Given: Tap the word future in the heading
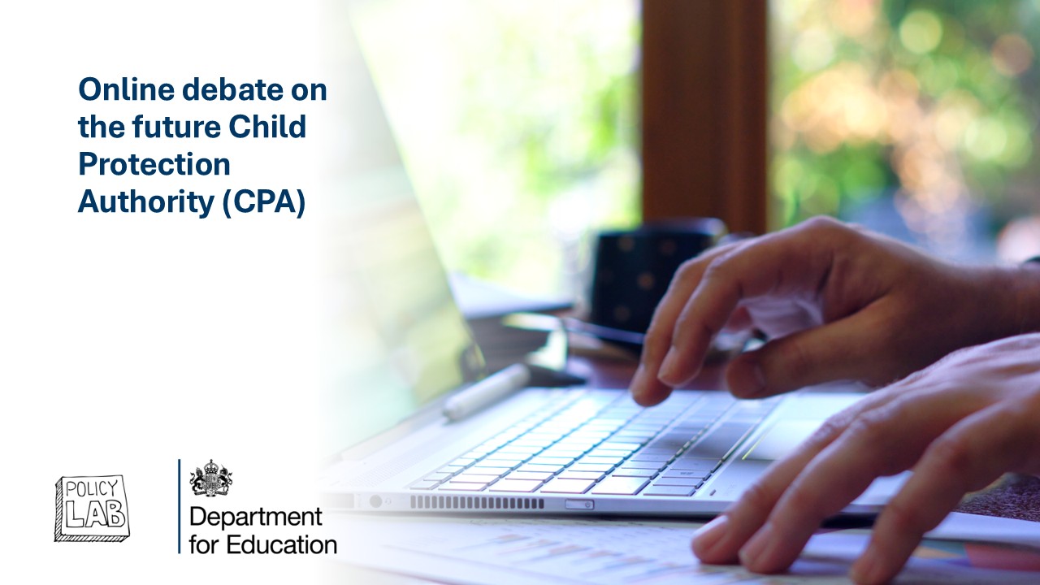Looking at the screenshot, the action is pyautogui.click(x=175, y=126).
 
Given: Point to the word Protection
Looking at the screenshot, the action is pyautogui.click(x=154, y=164).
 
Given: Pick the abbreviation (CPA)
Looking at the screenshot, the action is pyautogui.click(x=264, y=202).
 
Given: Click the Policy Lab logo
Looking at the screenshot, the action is pyautogui.click(x=92, y=508).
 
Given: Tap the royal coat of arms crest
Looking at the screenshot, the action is pyautogui.click(x=210, y=478).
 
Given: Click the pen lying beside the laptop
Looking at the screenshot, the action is pyautogui.click(x=486, y=392).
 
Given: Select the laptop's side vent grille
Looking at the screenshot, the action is pyautogui.click(x=477, y=502).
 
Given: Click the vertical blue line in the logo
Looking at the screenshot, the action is pyautogui.click(x=180, y=506).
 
